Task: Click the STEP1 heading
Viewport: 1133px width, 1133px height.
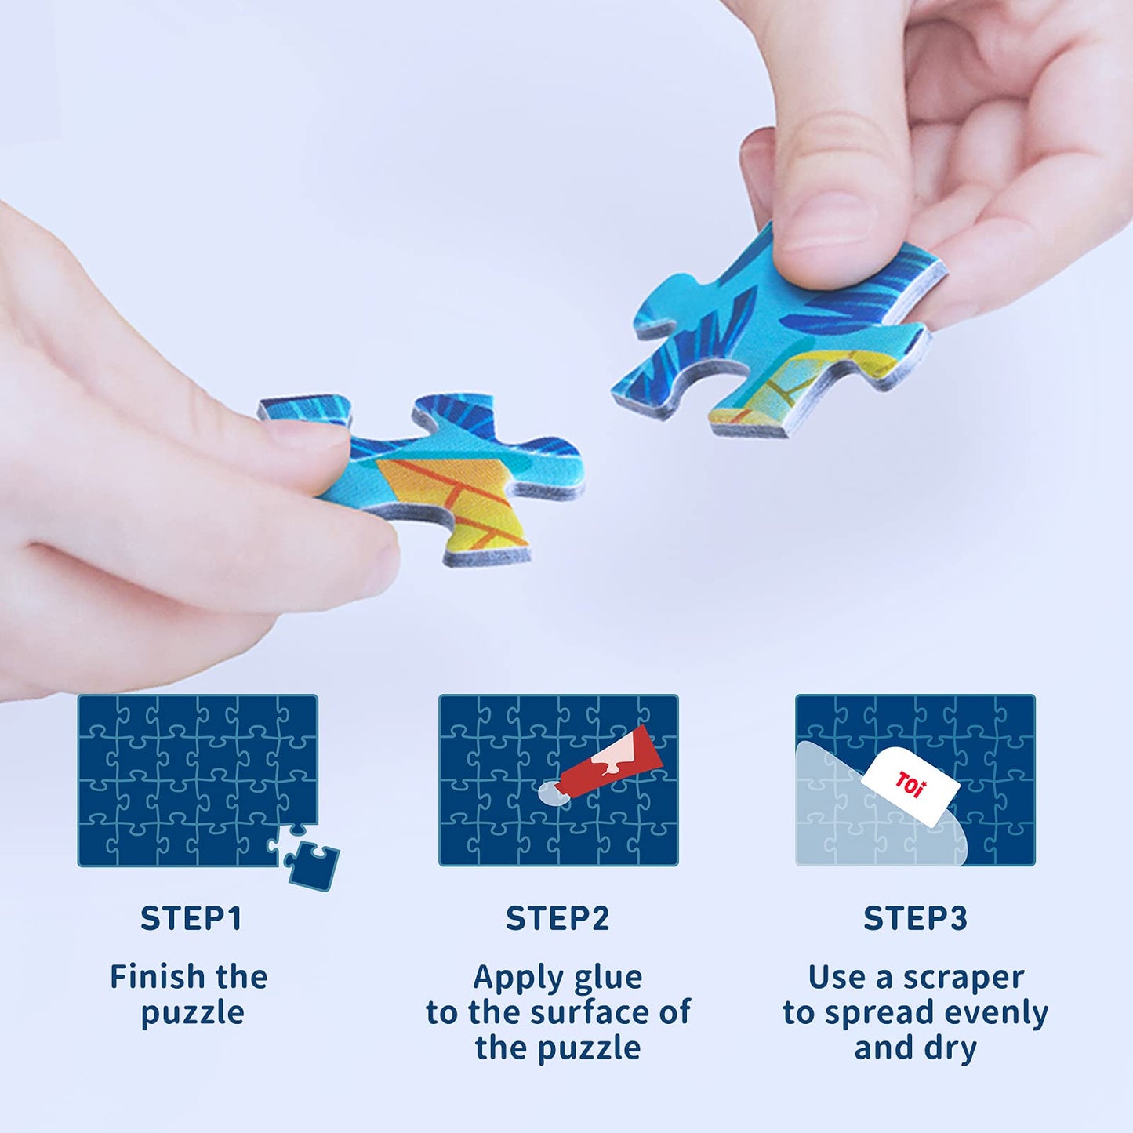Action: pyautogui.click(x=191, y=918)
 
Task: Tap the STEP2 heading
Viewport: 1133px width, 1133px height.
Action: pyautogui.click(x=557, y=918)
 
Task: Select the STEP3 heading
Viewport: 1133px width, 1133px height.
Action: pyautogui.click(x=915, y=918)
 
